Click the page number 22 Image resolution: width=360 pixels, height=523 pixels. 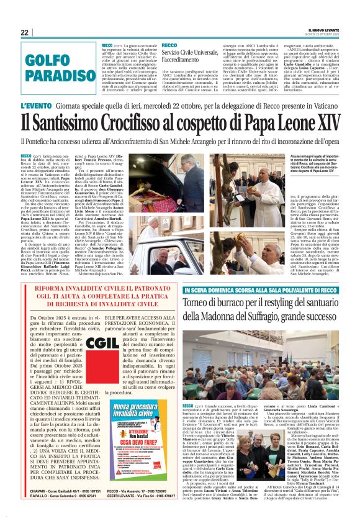tap(25, 32)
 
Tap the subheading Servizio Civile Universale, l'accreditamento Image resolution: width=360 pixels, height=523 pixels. tap(190, 52)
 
